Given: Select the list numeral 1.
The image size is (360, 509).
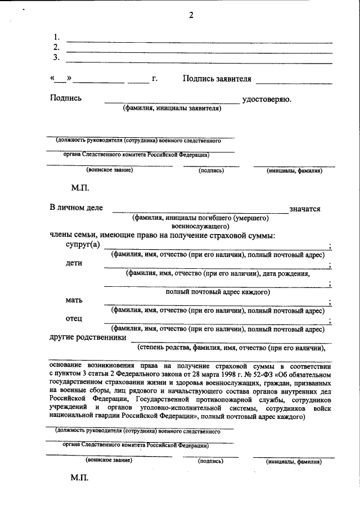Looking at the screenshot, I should pos(56,38).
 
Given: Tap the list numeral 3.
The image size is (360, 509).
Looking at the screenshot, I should pos(56,57).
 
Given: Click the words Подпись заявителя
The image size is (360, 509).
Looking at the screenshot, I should pos(217,79).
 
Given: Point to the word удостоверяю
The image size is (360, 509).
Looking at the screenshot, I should pos(267,99).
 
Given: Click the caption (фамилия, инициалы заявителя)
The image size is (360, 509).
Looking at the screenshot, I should pos(173,108).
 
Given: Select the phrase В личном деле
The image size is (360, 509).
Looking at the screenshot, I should pos(76,208).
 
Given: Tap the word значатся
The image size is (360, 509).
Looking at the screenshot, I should pos(305,209).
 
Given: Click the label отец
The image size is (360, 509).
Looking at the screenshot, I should pos(74,319).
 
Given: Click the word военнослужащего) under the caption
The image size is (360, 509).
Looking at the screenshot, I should pos(200,226).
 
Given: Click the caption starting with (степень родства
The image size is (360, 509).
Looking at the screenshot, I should pos(232,348).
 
